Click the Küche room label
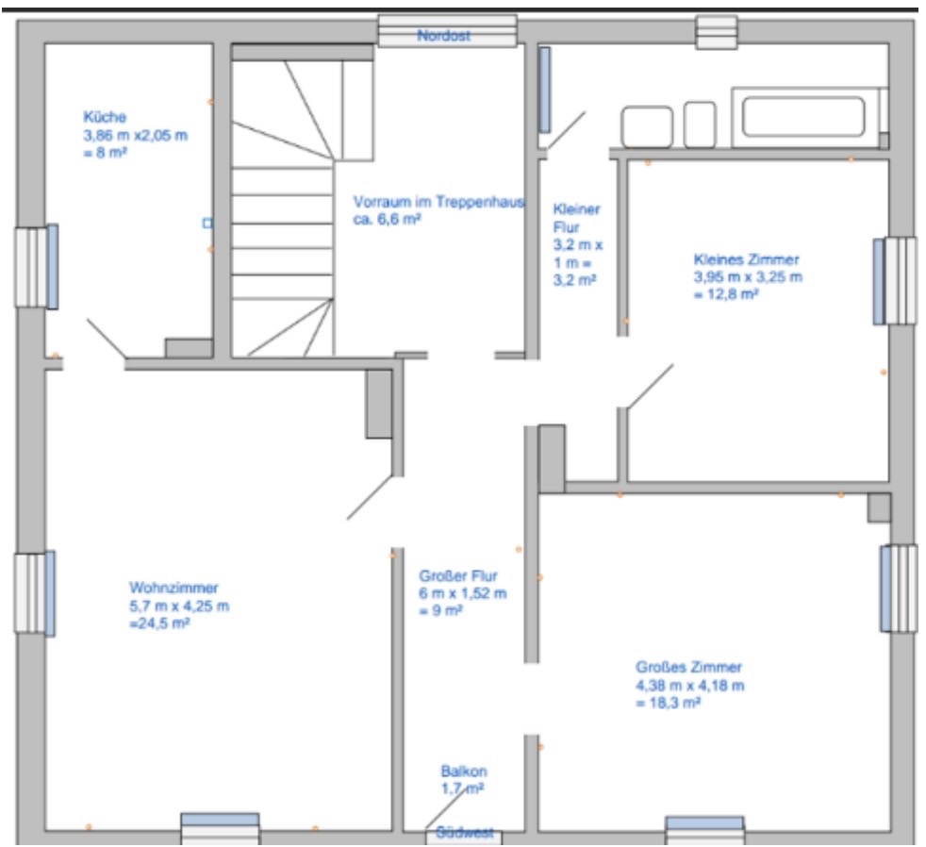coord(105,117)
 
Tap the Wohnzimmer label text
coord(174,588)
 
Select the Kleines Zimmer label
coord(746,259)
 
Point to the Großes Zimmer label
coord(688,668)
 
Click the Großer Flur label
coord(458,576)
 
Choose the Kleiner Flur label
coord(576,218)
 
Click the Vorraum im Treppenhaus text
coord(438,202)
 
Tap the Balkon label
coord(464,772)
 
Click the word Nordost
coord(443,36)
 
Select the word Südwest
coord(465,833)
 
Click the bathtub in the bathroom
coord(803,117)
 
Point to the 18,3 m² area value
coord(668,704)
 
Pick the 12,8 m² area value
coord(726,294)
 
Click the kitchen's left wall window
coord(37,267)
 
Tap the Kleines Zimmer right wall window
coord(895,281)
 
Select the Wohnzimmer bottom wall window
coord(220,829)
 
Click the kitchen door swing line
coord(107,339)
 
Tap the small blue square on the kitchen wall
coord(207,224)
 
